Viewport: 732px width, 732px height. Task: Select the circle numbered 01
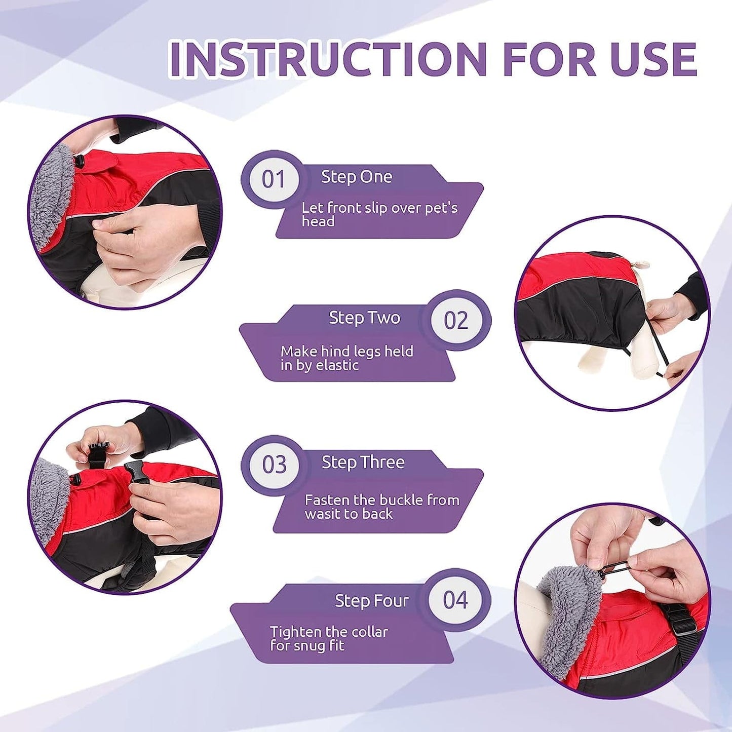click(273, 179)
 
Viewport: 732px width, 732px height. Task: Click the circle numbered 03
click(274, 465)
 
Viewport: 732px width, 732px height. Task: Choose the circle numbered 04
click(455, 600)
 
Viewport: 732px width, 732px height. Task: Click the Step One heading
click(357, 177)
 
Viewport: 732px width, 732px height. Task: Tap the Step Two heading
click(364, 318)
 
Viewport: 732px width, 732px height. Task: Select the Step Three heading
click(363, 463)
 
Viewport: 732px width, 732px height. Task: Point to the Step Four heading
click(371, 601)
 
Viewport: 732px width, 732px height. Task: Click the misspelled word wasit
click(323, 514)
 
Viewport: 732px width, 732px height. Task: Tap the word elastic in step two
click(337, 365)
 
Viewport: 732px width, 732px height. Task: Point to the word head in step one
click(318, 221)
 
